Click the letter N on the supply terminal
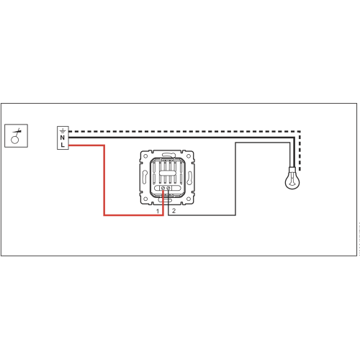pos(63,138)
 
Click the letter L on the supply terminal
pos(63,145)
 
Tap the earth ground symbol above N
pos(63,131)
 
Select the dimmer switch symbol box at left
pos(17,135)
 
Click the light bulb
pos(292,179)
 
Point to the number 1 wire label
pos(158,211)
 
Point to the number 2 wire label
pos(174,211)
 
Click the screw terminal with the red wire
pos(163,188)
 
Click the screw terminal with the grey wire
pos(168,188)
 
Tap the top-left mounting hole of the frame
pos(145,156)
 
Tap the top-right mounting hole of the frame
pos(189,156)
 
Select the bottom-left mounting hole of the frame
pos(145,199)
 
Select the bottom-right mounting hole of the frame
pos(189,199)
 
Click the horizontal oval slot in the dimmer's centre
pos(167,173)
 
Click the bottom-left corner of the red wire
pos(104,215)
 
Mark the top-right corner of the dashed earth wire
pos(300,132)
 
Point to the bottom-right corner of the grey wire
pos(235,215)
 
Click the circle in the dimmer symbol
pos(15,140)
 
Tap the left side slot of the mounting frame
pos(145,176)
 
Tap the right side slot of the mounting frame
pos(189,177)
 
